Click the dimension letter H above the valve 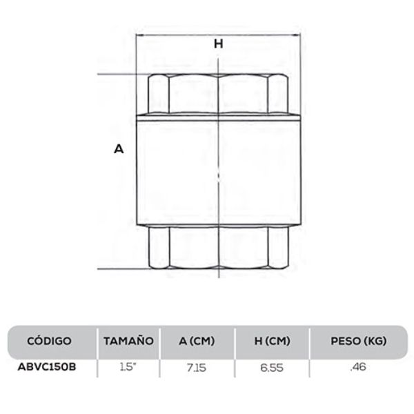(x=219, y=43)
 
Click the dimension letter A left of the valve (x=118, y=149)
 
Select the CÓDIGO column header (x=50, y=341)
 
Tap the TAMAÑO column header (x=128, y=341)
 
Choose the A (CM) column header (x=197, y=341)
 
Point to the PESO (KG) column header (x=357, y=341)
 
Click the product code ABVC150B (x=47, y=366)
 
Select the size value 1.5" (x=128, y=366)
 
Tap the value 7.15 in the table (x=197, y=366)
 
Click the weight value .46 (x=357, y=366)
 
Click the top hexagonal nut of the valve (x=218, y=93)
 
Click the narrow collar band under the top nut (x=218, y=116)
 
